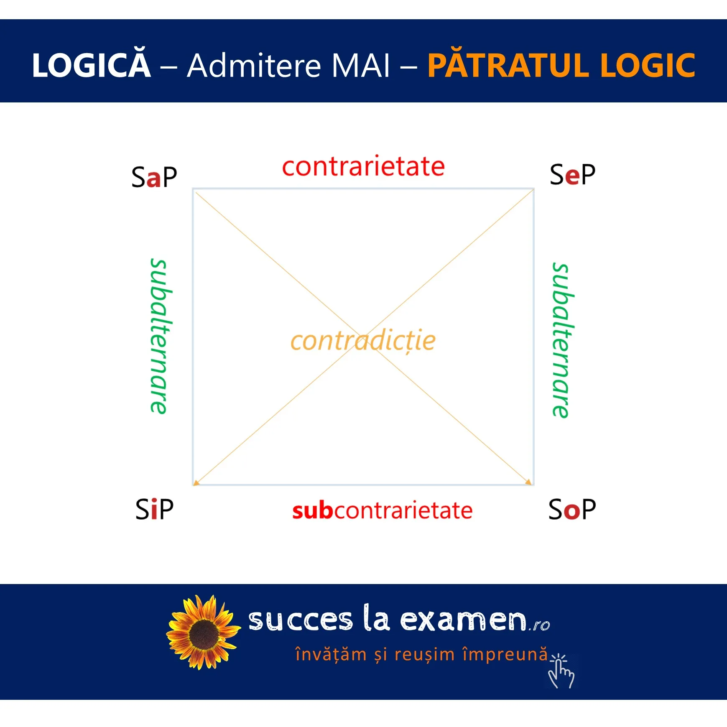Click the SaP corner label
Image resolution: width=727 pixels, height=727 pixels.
click(154, 177)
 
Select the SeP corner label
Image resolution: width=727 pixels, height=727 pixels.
click(572, 175)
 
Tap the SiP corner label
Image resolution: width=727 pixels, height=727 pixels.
click(154, 509)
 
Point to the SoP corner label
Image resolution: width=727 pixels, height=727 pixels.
click(572, 509)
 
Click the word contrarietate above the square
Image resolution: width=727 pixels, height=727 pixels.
click(363, 167)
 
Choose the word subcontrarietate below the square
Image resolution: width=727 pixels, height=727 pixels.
click(382, 510)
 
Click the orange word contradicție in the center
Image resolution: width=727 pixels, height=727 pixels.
click(363, 341)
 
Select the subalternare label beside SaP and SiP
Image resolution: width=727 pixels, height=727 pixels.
click(160, 337)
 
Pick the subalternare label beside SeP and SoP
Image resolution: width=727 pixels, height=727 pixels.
click(561, 340)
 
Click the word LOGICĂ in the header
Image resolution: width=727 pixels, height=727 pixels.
click(91, 65)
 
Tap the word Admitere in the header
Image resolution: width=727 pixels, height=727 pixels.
click(254, 66)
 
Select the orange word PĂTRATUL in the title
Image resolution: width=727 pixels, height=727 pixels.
click(508, 65)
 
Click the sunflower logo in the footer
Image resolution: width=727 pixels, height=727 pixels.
click(204, 632)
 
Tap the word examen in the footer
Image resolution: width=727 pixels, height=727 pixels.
click(463, 620)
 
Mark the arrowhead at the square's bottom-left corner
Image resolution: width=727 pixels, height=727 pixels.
click(196, 483)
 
